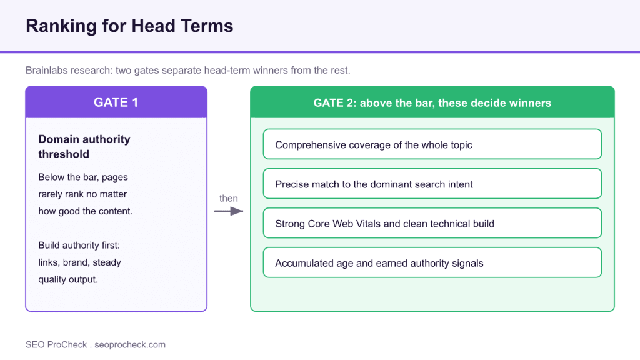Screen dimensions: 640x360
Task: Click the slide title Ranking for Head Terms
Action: click(129, 26)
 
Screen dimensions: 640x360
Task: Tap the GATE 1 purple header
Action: click(116, 102)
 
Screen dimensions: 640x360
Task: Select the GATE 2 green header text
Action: click(432, 103)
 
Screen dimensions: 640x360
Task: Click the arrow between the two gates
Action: click(229, 211)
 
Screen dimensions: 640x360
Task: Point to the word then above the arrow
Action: click(229, 198)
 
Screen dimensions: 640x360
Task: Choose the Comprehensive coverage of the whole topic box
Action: click(432, 144)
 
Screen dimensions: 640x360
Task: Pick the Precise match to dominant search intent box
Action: click(432, 184)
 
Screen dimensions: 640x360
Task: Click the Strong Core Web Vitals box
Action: click(432, 223)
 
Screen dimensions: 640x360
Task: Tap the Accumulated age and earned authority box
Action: click(432, 262)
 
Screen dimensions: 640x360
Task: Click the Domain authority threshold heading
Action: click(84, 146)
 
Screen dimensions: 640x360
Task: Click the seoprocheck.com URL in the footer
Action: click(130, 345)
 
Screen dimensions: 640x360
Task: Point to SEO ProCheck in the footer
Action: click(56, 345)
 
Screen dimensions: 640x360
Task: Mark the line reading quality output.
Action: click(68, 279)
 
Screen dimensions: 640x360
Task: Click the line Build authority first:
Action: click(79, 245)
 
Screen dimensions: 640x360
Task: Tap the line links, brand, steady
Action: click(79, 262)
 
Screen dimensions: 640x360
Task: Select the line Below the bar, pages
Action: click(83, 177)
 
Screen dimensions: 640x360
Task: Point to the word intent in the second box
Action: click(461, 184)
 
